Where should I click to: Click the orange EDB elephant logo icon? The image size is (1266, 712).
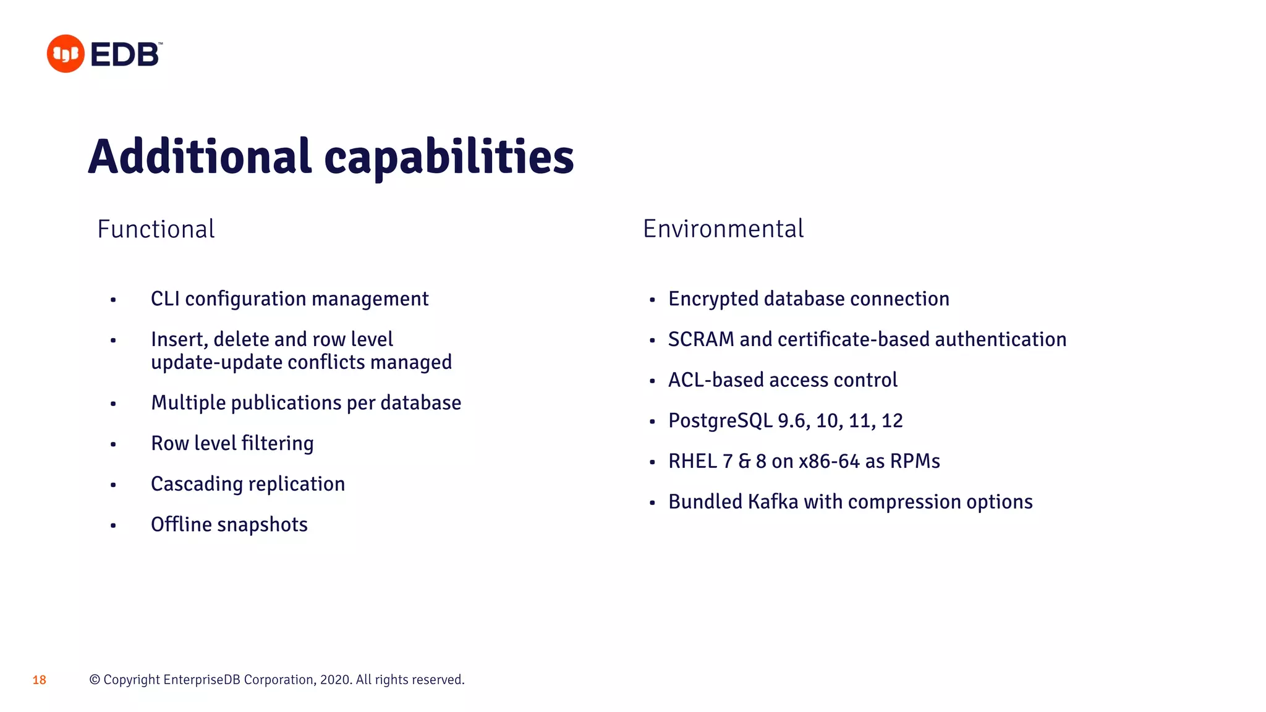click(x=66, y=54)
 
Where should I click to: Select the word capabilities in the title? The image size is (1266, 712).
click(x=449, y=158)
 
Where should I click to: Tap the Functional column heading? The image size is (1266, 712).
click(x=156, y=229)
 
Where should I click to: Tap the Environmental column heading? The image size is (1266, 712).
click(x=723, y=229)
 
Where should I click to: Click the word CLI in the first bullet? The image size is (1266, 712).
click(x=165, y=299)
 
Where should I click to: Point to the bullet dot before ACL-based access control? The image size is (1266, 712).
click(x=652, y=381)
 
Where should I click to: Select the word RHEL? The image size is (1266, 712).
click(x=692, y=461)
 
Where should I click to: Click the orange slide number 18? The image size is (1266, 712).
click(x=40, y=680)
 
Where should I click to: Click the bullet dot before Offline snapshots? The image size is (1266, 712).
click(x=113, y=526)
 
